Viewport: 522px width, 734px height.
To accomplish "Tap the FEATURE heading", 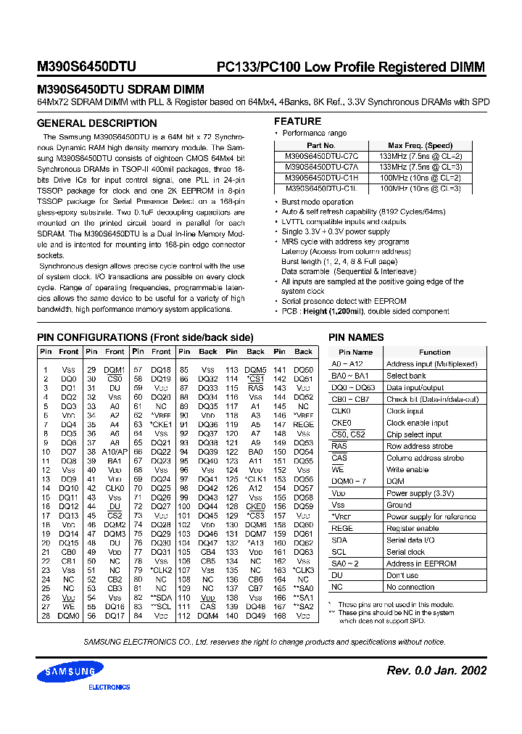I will pos(297,121).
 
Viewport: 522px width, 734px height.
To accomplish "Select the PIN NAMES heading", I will pos(356,337).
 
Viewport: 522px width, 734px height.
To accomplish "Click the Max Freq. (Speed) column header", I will pos(420,146).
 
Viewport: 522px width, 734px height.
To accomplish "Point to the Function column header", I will pos(434,352).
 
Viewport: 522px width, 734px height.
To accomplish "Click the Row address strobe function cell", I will pos(420,446).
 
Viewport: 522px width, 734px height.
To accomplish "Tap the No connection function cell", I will pos(410,587).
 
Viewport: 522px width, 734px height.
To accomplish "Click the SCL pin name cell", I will pos(339,552).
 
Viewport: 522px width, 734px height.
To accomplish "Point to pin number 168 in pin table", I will pos(279,616).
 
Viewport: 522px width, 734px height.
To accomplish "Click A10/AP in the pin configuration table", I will pos(115,451).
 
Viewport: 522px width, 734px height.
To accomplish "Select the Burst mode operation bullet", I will pos(318,202).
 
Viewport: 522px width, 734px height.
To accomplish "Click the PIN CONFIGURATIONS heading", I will pos(145,337).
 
